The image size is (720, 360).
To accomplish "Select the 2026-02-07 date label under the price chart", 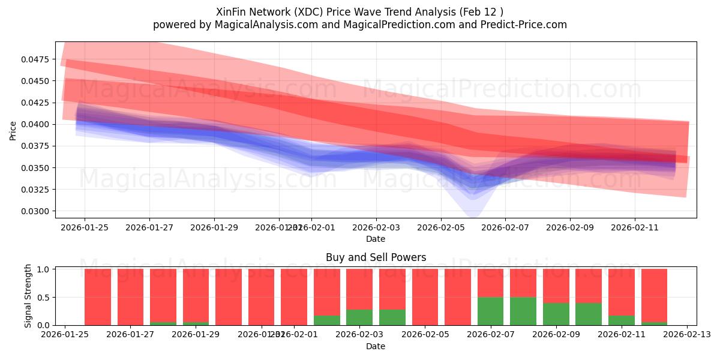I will coord(505,227).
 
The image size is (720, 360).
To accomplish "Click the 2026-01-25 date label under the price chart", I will coord(84,227).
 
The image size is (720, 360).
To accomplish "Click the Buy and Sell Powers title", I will coord(376,257).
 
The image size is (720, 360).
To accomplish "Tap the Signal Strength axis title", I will coord(28,296).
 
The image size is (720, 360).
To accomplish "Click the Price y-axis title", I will coord(13,130).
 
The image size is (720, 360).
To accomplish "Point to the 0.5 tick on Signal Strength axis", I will coord(44,297).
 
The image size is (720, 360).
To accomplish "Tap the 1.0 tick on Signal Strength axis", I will coord(44,269).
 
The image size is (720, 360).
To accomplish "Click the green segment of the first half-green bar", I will coord(490,311).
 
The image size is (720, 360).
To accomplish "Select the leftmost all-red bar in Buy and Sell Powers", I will coord(98,297).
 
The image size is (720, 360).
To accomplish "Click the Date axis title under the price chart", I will coord(376,239).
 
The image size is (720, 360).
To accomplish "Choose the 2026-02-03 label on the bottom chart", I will coord(359,335).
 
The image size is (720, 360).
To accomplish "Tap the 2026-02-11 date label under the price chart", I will coord(634,227).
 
